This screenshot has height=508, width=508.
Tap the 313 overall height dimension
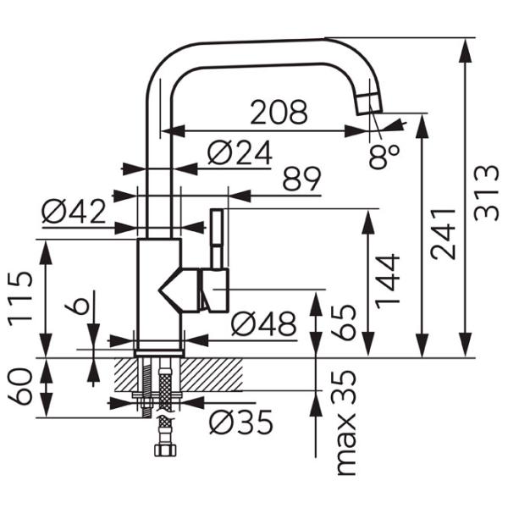(485, 193)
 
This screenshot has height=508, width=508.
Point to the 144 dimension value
(390, 282)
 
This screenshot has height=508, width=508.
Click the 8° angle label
(384, 155)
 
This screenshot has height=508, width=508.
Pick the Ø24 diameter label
(239, 153)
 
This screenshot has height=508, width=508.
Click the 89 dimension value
(301, 179)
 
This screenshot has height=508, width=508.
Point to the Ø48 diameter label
(263, 323)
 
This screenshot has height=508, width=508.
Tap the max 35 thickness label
(344, 422)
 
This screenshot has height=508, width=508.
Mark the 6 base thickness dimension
(80, 306)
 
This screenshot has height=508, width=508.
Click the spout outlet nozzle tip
(368, 102)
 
